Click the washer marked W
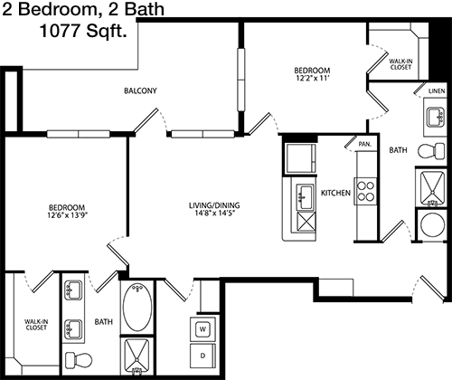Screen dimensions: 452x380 tap(202, 328)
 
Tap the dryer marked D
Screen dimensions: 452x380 tap(202, 356)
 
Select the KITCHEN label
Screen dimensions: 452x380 tap(335, 193)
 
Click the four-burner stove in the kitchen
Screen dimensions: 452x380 tap(365, 192)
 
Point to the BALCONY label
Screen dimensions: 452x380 tap(140, 90)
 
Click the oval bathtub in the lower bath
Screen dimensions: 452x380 tap(137, 307)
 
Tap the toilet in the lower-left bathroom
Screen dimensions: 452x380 tap(79, 360)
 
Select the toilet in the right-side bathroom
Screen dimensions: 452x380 tap(431, 151)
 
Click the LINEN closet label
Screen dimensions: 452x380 tap(437, 90)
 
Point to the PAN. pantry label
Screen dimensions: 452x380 tap(365, 145)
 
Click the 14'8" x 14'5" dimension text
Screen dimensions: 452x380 tap(214, 214)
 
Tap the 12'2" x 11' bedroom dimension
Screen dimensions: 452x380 tap(312, 78)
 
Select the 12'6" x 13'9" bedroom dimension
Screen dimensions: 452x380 tap(67, 215)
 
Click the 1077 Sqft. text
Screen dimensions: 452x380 tap(83, 31)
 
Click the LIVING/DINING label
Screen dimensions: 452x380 tap(214, 205)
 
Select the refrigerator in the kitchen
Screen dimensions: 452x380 tap(300, 158)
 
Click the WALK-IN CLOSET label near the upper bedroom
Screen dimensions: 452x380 tap(400, 64)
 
